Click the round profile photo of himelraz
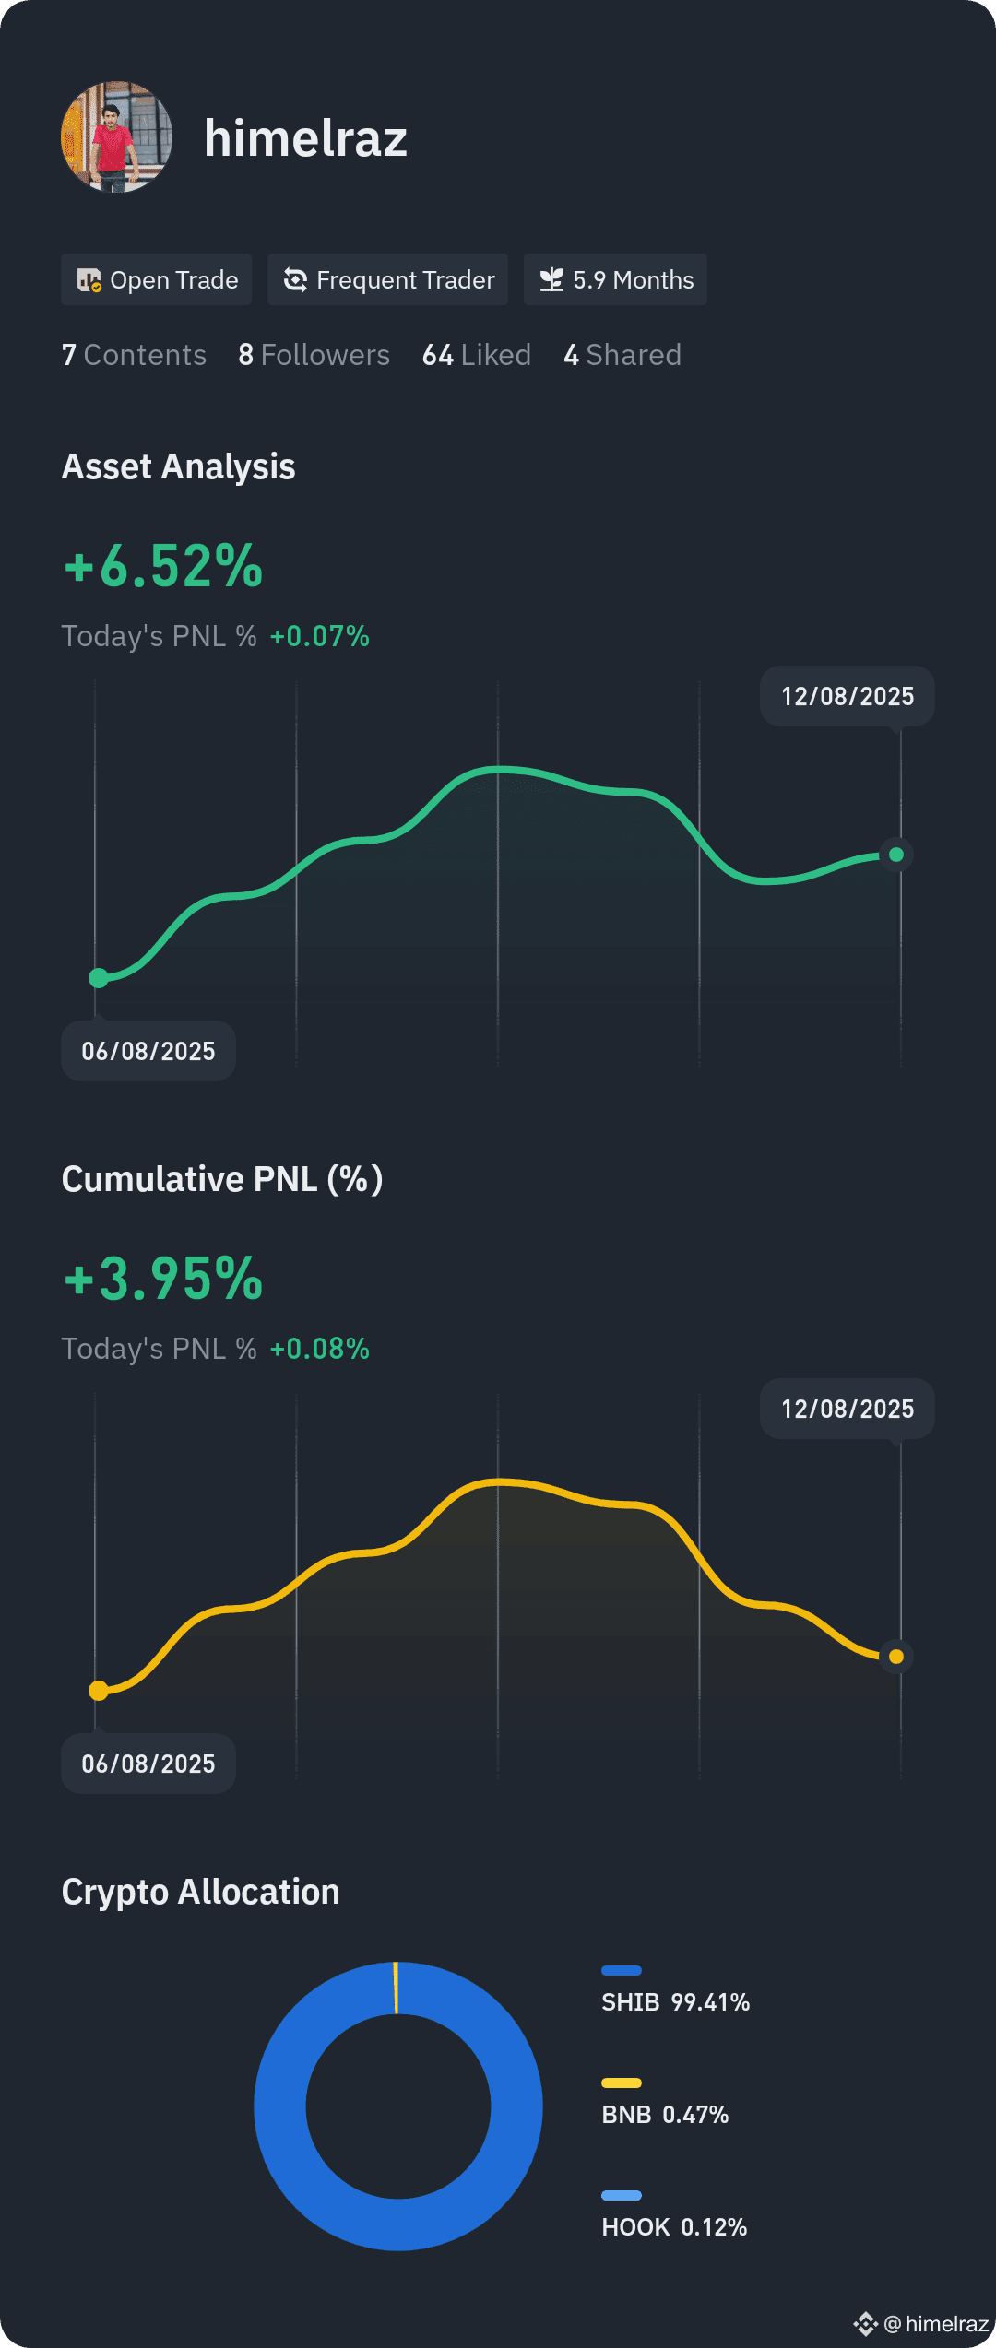pyautogui.click(x=116, y=137)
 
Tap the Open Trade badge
pyautogui.click(x=156, y=279)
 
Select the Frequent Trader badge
pyautogui.click(x=387, y=279)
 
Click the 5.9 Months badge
pyautogui.click(x=615, y=279)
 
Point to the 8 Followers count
pyautogui.click(x=314, y=355)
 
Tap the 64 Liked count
pyautogui.click(x=476, y=355)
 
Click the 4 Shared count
pyautogui.click(x=622, y=355)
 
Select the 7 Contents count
pyautogui.click(x=134, y=355)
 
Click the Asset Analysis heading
pyautogui.click(x=178, y=466)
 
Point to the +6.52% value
pyautogui.click(x=163, y=565)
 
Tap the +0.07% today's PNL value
pyautogui.click(x=319, y=636)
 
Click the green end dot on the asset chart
pyautogui.click(x=896, y=855)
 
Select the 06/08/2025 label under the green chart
pyautogui.click(x=148, y=1051)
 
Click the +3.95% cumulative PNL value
pyautogui.click(x=163, y=1278)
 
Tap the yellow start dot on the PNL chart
pyautogui.click(x=99, y=1691)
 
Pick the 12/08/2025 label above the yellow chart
pyautogui.click(x=848, y=1409)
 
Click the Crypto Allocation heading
pyautogui.click(x=200, y=1892)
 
